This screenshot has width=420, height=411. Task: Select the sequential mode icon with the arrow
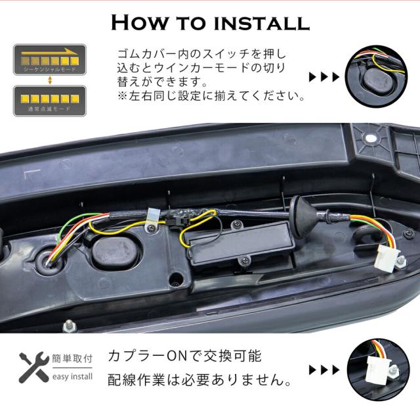coord(49,58)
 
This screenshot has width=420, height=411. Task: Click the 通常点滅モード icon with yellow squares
coord(49,101)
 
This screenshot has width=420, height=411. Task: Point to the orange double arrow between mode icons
coord(49,80)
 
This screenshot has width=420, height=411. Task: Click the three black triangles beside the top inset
coord(324,77)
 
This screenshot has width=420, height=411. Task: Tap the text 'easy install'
coord(73,377)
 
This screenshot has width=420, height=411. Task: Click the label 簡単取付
coord(73,359)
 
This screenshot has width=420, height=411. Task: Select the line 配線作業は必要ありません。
coord(199,381)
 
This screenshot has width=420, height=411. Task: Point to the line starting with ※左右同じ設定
coord(210,97)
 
